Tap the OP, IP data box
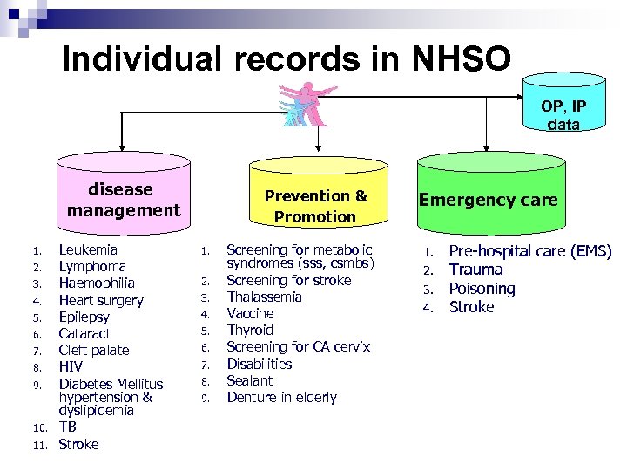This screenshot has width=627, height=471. tap(563, 105)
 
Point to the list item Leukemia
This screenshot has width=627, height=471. tap(87, 250)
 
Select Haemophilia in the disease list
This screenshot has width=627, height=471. tap(96, 283)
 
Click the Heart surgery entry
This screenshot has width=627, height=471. tap(100, 300)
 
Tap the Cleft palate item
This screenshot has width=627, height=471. tap(93, 350)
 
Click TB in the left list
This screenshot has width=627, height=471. tap(67, 427)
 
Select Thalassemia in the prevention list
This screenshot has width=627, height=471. tap(264, 297)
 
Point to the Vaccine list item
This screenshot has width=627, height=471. tap(250, 313)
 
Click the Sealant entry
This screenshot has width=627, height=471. tap(249, 380)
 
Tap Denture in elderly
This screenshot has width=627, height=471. tap(281, 397)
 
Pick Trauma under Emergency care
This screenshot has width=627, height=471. tap(475, 270)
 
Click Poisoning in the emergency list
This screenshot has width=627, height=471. tap(482, 288)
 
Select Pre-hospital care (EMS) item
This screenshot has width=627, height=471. tap(529, 251)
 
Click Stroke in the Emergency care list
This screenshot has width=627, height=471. tap(471, 306)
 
